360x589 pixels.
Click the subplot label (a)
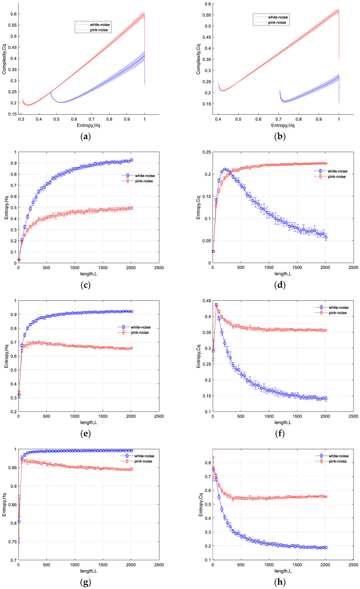tap(86, 136)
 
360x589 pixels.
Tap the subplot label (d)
tap(280, 285)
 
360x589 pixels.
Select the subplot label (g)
tap(86, 582)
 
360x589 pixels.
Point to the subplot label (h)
tap(280, 582)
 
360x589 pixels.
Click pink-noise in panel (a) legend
tap(99, 30)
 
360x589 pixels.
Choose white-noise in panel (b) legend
tap(278, 17)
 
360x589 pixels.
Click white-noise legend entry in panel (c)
tap(145, 176)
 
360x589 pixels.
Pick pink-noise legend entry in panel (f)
tap(338, 313)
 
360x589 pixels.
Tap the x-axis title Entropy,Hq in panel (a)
tap(89, 126)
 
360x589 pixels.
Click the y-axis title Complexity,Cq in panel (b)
tap(198, 59)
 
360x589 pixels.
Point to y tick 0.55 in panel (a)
tap(13, 25)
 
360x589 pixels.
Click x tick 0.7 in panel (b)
tap(279, 120)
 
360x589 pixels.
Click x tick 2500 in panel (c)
tap(159, 268)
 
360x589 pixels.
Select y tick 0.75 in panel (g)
tap(13, 542)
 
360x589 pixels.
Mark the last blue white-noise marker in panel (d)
tap(326, 237)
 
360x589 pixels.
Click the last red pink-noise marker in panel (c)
tap(132, 208)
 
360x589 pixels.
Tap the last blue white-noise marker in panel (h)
tap(326, 548)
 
